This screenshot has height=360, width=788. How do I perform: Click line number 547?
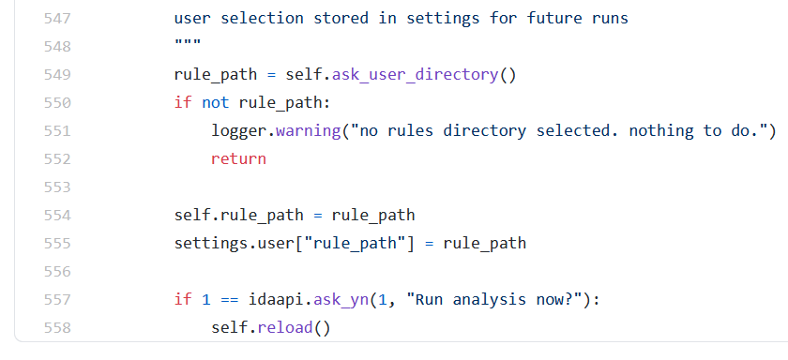(x=57, y=18)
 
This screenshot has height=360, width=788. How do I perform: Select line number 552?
(x=57, y=158)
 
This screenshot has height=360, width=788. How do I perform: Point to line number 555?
(x=57, y=243)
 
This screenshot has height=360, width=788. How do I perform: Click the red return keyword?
(x=238, y=158)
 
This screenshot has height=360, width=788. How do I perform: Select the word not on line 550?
(x=216, y=102)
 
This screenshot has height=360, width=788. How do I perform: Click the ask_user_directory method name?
(x=424, y=74)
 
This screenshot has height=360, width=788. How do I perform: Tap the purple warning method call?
(x=309, y=130)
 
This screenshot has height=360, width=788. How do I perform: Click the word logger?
(x=239, y=130)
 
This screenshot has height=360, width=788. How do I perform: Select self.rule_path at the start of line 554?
(x=238, y=215)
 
